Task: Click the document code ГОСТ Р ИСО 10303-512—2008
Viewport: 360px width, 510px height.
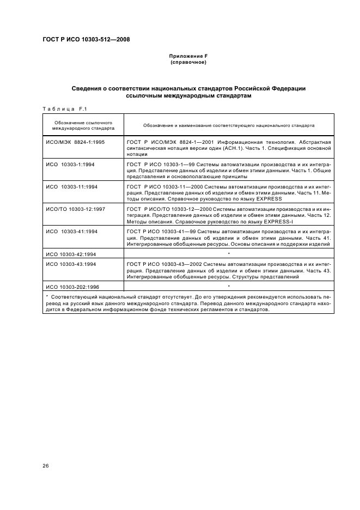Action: (x=86, y=39)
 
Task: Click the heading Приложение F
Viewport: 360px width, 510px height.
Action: (x=188, y=56)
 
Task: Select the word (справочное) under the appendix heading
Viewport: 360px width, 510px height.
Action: (x=188, y=62)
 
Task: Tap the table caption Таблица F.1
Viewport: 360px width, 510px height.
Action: (x=61, y=108)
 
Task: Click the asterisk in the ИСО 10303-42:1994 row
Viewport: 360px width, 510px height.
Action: (x=229, y=254)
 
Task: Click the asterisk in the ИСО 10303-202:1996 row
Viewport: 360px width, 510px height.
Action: (x=229, y=286)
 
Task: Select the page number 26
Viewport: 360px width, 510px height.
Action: (x=46, y=465)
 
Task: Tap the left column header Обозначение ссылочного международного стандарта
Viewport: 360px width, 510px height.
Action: (x=83, y=125)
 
